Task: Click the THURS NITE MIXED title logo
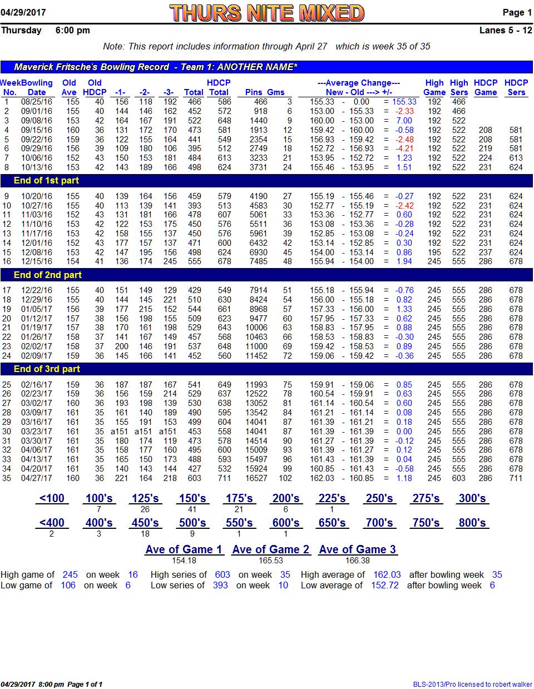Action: pyautogui.click(x=266, y=13)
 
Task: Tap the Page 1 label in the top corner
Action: pyautogui.click(x=517, y=12)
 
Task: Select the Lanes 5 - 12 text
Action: pyautogui.click(x=506, y=31)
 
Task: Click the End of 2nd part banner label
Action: pyautogui.click(x=48, y=275)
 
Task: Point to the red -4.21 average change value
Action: pyautogui.click(x=404, y=148)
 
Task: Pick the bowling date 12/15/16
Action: pyautogui.click(x=37, y=261)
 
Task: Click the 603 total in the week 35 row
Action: pyautogui.click(x=194, y=478)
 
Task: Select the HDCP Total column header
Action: pyautogui.click(x=219, y=87)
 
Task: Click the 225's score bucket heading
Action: pyautogui.click(x=332, y=498)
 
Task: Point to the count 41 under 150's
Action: pyautogui.click(x=192, y=509)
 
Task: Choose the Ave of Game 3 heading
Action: pyautogui.click(x=357, y=549)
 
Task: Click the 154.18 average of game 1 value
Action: pyautogui.click(x=184, y=561)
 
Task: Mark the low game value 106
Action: pyautogui.click(x=68, y=585)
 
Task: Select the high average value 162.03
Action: pyautogui.click(x=387, y=574)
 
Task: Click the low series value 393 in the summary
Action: pyautogui.click(x=220, y=585)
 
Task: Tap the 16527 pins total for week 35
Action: pyautogui.click(x=256, y=478)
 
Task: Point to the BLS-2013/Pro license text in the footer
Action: pyautogui.click(x=472, y=684)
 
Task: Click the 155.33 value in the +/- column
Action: pyautogui.click(x=404, y=101)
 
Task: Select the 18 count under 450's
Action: pyautogui.click(x=145, y=534)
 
